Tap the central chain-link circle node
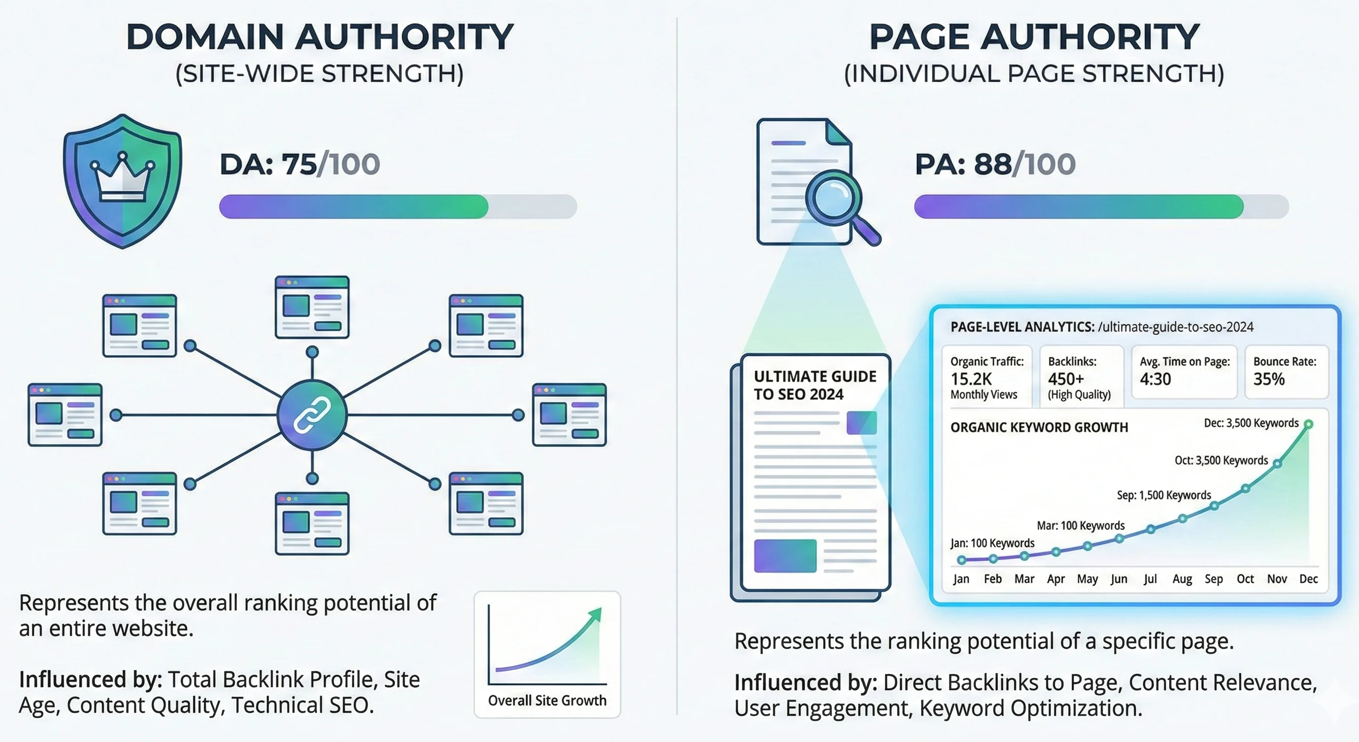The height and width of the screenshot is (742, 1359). click(312, 415)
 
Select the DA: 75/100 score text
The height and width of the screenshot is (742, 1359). click(299, 164)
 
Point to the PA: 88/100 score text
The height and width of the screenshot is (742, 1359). click(995, 164)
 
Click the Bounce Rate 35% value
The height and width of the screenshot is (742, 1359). click(1269, 379)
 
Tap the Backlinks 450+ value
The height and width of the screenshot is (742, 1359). click(1066, 379)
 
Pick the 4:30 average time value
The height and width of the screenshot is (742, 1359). click(1156, 379)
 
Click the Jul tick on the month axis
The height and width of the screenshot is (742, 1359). click(1150, 579)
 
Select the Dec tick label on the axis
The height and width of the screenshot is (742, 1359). click(1308, 579)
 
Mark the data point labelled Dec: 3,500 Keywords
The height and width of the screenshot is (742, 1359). click(1308, 424)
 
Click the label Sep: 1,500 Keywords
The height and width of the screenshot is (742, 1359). click(1164, 495)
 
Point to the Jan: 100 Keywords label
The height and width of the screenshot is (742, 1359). click(992, 543)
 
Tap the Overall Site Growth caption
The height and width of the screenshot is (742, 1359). click(547, 700)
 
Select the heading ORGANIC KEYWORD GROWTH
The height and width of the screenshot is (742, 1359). click(1039, 427)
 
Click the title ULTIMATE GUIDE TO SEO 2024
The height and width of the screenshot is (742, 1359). click(815, 385)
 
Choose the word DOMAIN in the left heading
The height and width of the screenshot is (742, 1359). click(205, 37)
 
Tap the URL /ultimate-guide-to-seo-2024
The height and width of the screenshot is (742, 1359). click(1176, 327)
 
